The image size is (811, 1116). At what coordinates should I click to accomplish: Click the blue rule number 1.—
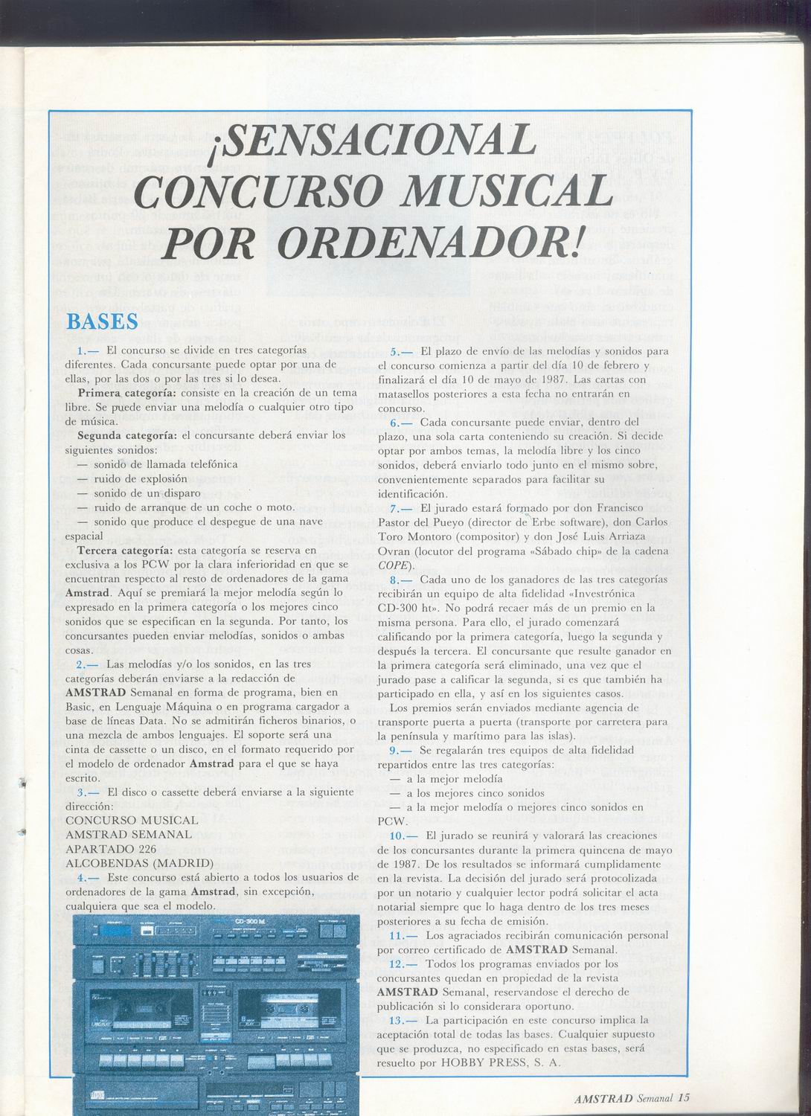(89, 349)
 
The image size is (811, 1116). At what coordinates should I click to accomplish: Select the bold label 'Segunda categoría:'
(128, 435)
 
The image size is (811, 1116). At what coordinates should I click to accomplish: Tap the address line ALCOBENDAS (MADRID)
(140, 863)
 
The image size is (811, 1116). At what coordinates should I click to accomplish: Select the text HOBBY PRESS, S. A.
(496, 1062)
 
